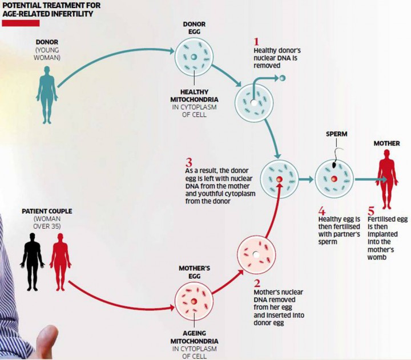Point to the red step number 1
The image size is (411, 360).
pyautogui.click(x=257, y=42)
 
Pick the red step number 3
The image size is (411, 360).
pyautogui.click(x=188, y=163)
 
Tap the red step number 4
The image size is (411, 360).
pyautogui.click(x=321, y=210)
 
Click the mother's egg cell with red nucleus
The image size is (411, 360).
pyautogui.click(x=194, y=301)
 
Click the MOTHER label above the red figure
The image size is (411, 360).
pyautogui.click(x=386, y=143)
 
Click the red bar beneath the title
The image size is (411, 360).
pyautogui.click(x=20, y=23)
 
